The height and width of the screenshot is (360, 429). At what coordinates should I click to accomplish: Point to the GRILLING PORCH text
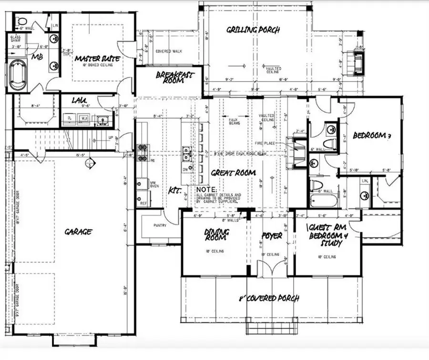[253, 30]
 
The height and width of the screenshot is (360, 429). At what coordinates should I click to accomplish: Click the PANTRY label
[160, 225]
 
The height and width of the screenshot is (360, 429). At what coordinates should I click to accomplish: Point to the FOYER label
[272, 236]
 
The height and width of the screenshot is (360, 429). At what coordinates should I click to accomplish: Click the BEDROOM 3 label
[372, 136]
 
